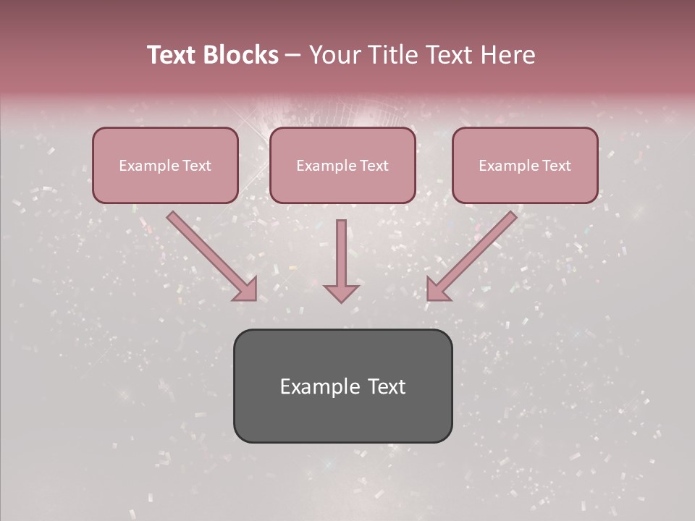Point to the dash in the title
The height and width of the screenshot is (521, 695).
click(293, 56)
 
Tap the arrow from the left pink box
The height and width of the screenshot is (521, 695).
click(210, 253)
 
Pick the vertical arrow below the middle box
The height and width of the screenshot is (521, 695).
click(341, 253)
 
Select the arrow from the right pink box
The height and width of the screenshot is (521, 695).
click(474, 253)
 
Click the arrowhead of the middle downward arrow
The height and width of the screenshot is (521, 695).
click(341, 292)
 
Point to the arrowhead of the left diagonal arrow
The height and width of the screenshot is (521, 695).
click(246, 289)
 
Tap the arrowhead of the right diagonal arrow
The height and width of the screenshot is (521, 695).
click(437, 289)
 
